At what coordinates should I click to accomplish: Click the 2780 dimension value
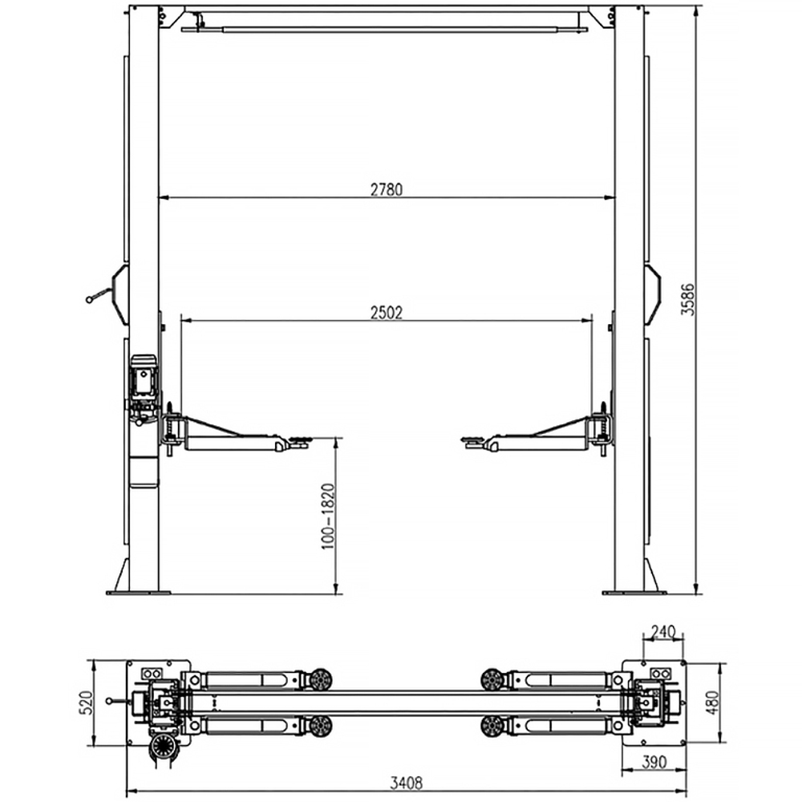[387, 190]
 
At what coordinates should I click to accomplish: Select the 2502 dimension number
[387, 313]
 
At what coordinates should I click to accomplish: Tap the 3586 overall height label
[688, 299]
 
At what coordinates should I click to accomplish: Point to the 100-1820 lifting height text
[328, 516]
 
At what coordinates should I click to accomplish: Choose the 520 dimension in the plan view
[86, 703]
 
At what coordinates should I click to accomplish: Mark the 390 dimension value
[654, 762]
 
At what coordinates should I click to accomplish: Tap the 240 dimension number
[663, 633]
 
